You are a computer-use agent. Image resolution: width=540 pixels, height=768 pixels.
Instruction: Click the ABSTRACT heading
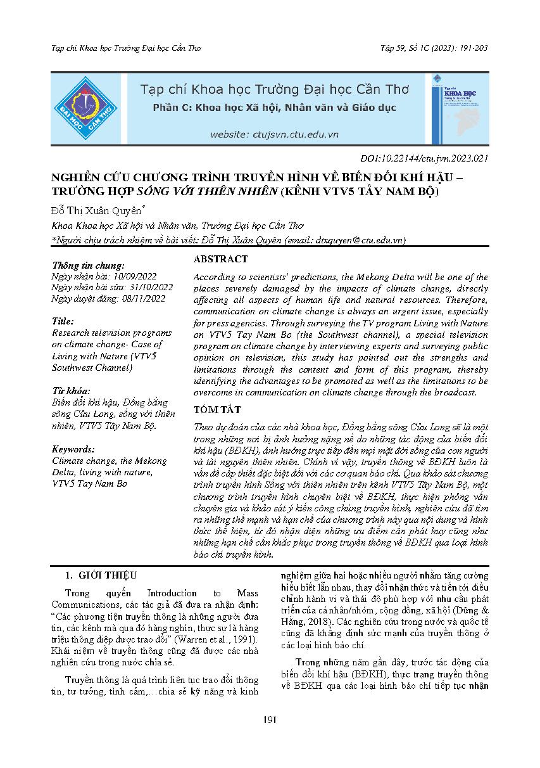click(220, 259)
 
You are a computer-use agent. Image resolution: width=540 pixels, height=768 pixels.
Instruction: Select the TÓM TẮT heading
click(217, 411)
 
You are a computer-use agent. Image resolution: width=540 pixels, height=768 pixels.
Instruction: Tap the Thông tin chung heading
click(89, 266)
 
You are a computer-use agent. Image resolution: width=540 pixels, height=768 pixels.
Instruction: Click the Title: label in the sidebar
click(63, 321)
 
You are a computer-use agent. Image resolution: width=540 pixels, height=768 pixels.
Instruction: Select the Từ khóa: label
click(71, 390)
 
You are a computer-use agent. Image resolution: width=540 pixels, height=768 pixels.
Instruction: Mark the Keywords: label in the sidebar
click(73, 449)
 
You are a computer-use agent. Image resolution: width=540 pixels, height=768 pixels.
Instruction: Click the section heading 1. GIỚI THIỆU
click(101, 575)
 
